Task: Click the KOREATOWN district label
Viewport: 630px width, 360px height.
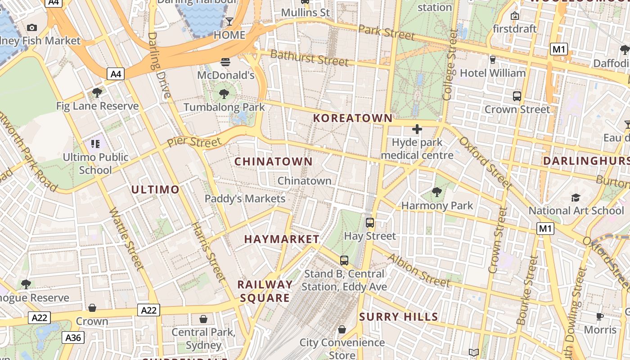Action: tap(353, 118)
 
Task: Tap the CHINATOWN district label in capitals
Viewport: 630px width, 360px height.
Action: tap(274, 162)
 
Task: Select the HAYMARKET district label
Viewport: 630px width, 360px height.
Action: tap(282, 239)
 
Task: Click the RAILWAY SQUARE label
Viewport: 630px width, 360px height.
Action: tap(265, 291)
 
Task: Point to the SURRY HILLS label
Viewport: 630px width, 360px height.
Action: tap(399, 317)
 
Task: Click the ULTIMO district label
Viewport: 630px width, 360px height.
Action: tap(155, 189)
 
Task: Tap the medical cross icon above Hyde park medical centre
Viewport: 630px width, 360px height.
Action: tap(417, 130)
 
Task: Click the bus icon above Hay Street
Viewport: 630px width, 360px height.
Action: tap(370, 222)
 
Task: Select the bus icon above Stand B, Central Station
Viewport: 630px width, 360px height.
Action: tap(344, 260)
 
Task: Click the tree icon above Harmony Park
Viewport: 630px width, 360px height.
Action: tap(436, 193)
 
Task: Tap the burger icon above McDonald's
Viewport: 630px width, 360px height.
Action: tap(225, 62)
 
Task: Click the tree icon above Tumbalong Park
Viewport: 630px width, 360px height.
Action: tap(224, 94)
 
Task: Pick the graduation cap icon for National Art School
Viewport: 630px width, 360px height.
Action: tap(576, 198)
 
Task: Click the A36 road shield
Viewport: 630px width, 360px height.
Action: tap(73, 337)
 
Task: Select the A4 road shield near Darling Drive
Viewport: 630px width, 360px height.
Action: tap(116, 74)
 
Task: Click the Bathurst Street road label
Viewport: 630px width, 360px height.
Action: tap(310, 58)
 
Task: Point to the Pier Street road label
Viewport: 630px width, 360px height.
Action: tap(194, 142)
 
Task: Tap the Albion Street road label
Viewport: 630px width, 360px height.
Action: tap(418, 270)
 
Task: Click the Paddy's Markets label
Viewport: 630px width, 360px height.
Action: tap(245, 198)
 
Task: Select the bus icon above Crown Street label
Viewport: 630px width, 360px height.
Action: tap(517, 96)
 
